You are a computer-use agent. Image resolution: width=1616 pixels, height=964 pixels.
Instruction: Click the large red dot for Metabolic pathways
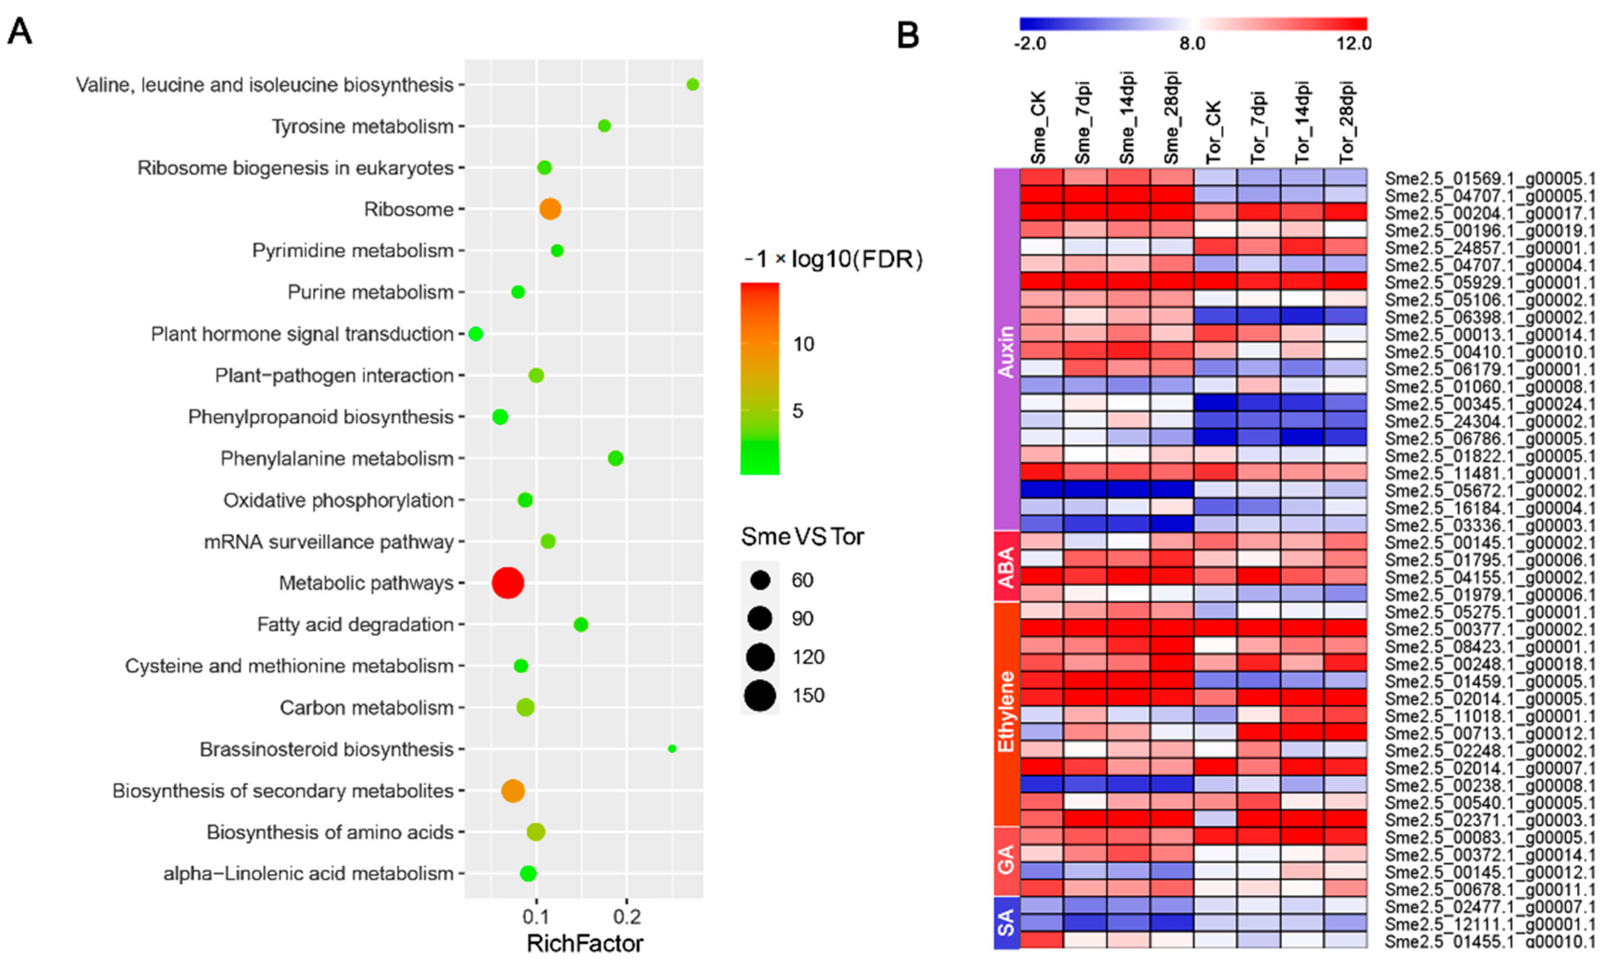point(507,583)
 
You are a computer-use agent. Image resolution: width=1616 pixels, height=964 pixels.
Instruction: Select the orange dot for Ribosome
point(550,209)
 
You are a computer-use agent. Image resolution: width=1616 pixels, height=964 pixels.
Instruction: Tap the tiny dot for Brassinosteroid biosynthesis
point(672,749)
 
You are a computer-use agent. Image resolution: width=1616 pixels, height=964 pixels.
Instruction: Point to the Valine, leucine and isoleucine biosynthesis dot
point(692,84)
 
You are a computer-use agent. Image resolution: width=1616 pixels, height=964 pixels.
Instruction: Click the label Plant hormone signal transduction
point(302,334)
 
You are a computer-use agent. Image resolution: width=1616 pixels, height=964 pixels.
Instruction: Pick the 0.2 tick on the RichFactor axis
point(627,917)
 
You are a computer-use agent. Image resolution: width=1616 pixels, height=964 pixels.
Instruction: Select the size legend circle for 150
point(759,696)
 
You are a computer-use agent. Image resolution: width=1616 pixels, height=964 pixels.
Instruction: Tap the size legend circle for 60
point(759,580)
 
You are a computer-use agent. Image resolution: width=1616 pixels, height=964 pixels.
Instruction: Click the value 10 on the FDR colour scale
point(803,344)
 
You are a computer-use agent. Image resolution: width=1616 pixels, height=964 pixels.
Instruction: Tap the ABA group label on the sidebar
point(1006,566)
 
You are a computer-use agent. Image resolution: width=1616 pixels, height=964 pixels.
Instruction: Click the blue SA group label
point(1006,922)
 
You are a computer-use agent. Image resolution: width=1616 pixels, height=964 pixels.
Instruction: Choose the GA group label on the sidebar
point(1006,861)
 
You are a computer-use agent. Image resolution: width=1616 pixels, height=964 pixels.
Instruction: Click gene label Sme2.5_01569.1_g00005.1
point(1490,178)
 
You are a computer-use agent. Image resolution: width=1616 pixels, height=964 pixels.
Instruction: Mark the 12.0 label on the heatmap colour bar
point(1353,43)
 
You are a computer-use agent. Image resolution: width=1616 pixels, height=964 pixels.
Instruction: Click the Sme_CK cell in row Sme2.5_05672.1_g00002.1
point(1041,489)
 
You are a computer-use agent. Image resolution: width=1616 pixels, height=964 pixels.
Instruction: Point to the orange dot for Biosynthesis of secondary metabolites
point(512,790)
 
